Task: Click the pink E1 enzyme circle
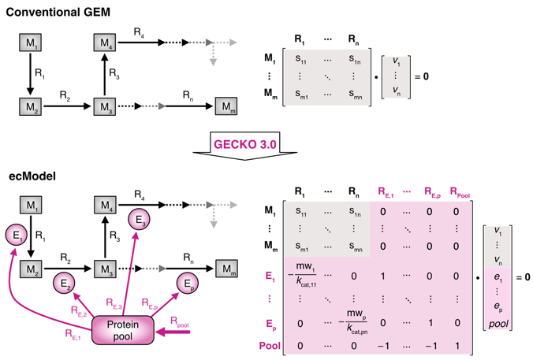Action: pos(17,235)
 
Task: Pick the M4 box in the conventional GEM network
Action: pos(105,41)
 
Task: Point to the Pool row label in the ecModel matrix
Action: pos(270,344)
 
